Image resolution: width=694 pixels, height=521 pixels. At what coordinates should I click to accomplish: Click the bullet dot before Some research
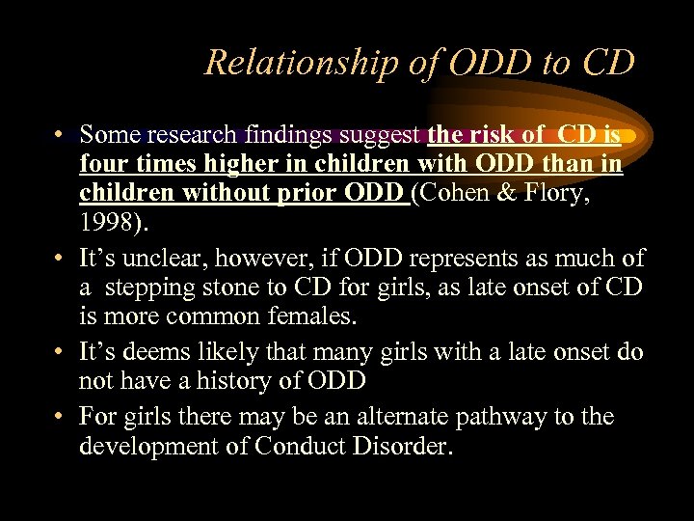[x=60, y=136]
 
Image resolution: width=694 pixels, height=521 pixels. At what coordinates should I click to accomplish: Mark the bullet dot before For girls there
[x=60, y=417]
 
